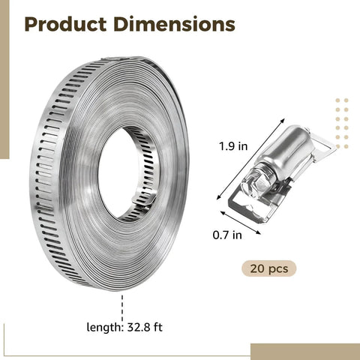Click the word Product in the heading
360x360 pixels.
point(65,24)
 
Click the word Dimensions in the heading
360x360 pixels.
point(174,24)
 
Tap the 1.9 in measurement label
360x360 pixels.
point(233,146)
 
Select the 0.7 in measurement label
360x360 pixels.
point(227,235)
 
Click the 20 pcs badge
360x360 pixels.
point(269,268)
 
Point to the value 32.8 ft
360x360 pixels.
point(145,327)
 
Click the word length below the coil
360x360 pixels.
point(104,327)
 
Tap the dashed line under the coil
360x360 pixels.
point(122,308)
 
